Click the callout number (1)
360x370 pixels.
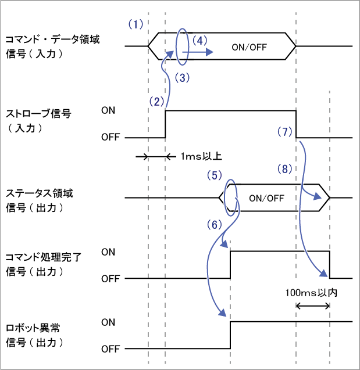(x=135, y=24)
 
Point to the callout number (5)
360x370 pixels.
(x=215, y=174)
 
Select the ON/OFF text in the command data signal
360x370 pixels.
(x=249, y=48)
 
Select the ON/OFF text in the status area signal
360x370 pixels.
(x=266, y=198)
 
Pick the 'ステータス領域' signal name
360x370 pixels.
(x=34, y=192)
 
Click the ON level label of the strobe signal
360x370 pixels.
(x=108, y=110)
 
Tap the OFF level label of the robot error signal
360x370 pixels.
(x=110, y=349)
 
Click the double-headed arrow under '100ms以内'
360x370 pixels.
(x=313, y=306)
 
